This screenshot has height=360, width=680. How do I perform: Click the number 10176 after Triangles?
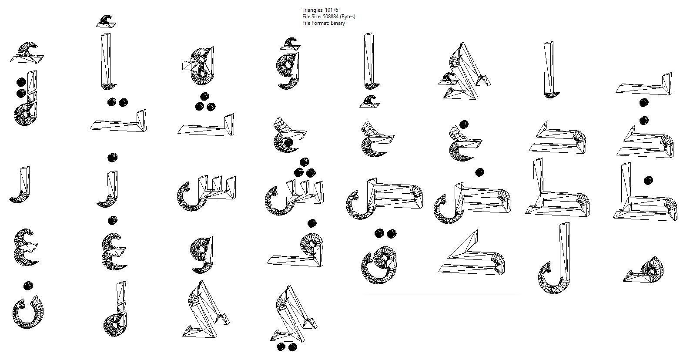(x=332, y=10)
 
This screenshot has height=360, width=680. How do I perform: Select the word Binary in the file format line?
(x=338, y=23)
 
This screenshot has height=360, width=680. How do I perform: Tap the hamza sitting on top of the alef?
(x=106, y=20)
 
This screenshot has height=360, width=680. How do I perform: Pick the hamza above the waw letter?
(x=288, y=43)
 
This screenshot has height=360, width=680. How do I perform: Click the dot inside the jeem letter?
(x=288, y=143)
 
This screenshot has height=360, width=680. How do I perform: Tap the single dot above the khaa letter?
(x=464, y=124)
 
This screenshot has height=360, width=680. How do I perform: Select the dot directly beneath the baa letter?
(x=644, y=103)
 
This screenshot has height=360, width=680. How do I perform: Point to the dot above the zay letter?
(x=112, y=157)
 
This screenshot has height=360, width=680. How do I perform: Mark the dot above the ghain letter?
(x=112, y=220)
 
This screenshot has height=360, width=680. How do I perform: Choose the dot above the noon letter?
(x=28, y=286)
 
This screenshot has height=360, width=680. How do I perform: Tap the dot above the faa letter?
(x=312, y=224)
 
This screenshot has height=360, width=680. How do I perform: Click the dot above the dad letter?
(x=479, y=172)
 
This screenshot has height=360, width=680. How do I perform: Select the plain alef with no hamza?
(x=549, y=70)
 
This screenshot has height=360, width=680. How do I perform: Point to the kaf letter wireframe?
(x=472, y=255)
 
